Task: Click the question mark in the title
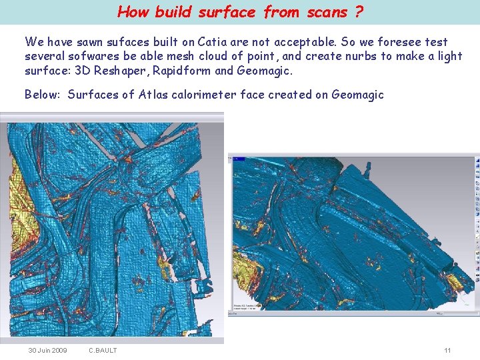tap(359, 11)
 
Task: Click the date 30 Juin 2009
tap(47, 350)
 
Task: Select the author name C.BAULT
tap(103, 350)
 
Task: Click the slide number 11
tap(447, 350)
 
